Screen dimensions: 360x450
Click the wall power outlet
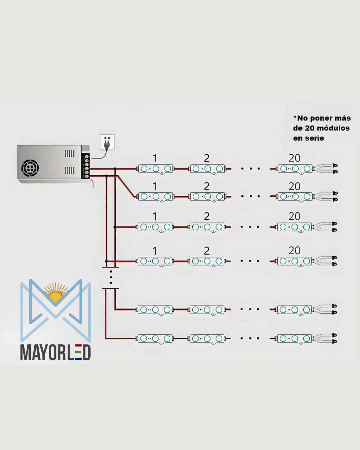[107, 142]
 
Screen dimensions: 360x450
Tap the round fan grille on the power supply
[30, 168]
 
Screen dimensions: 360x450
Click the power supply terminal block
[86, 166]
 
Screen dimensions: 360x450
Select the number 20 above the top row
[295, 158]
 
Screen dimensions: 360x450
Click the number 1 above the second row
[155, 186]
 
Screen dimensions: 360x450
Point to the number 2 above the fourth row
[207, 251]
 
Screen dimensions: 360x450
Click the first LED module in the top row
[156, 169]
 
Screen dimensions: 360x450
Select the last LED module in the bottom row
[295, 339]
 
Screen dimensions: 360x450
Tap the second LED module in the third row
[207, 227]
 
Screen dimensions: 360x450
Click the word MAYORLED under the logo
[55, 352]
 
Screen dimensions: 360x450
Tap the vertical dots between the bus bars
[111, 277]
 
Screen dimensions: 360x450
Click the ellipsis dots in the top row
[250, 169]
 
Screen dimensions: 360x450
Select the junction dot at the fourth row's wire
[106, 261]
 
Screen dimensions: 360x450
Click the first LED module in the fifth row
[155, 310]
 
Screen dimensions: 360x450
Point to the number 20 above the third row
[295, 216]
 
